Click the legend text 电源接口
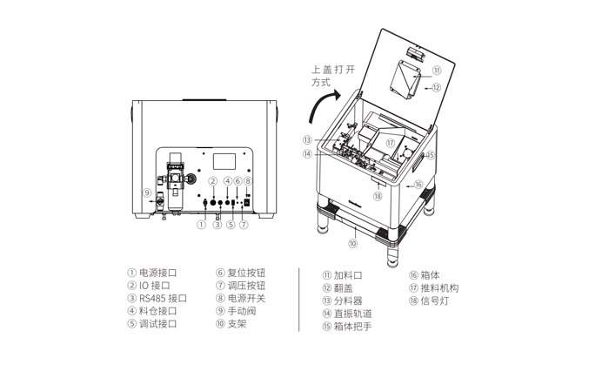click(158, 273)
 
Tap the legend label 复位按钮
click(246, 273)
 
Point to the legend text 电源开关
click(246, 298)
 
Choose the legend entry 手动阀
click(242, 310)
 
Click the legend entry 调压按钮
click(246, 286)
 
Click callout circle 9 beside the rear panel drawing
click(147, 192)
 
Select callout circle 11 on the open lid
click(437, 71)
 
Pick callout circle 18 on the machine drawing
click(378, 196)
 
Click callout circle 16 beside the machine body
click(418, 185)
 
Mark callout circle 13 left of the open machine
click(307, 139)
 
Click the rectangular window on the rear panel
click(224, 162)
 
